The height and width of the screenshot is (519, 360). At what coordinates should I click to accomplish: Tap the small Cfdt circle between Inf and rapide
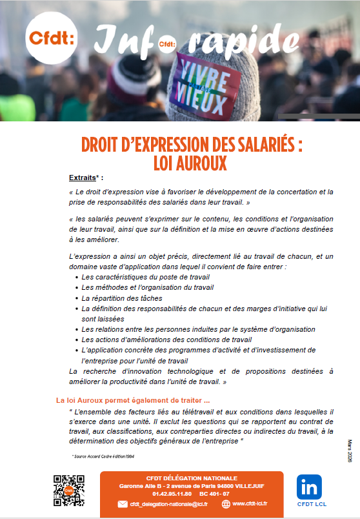click(166, 45)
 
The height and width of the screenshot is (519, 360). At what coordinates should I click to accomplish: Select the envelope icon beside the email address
click(123, 504)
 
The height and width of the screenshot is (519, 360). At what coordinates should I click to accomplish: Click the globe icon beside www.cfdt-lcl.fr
click(225, 504)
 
